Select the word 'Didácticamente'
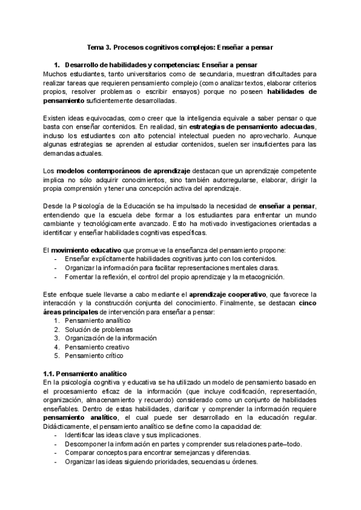(x=68, y=426)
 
